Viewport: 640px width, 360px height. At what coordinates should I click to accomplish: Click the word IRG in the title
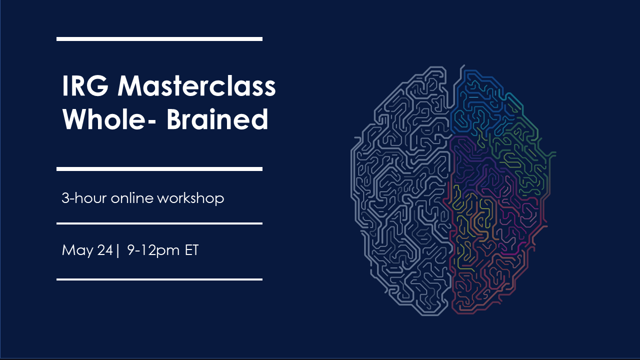tap(85, 85)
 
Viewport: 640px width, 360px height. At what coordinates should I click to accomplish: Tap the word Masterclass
tap(197, 85)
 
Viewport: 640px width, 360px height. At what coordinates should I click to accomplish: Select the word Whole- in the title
tap(109, 119)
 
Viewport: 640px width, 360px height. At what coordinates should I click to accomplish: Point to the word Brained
tap(217, 119)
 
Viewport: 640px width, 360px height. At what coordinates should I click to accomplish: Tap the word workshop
tap(190, 198)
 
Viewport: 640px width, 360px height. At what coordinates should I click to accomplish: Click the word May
tap(77, 250)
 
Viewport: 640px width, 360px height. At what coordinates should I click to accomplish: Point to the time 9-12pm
tap(153, 250)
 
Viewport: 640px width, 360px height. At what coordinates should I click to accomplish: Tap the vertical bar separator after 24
tap(117, 250)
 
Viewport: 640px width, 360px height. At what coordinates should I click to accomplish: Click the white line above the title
tap(159, 39)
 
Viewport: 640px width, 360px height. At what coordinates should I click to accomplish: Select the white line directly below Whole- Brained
tap(159, 169)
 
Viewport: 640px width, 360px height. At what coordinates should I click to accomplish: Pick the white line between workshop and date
tap(159, 223)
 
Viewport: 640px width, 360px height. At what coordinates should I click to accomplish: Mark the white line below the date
tap(159, 279)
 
